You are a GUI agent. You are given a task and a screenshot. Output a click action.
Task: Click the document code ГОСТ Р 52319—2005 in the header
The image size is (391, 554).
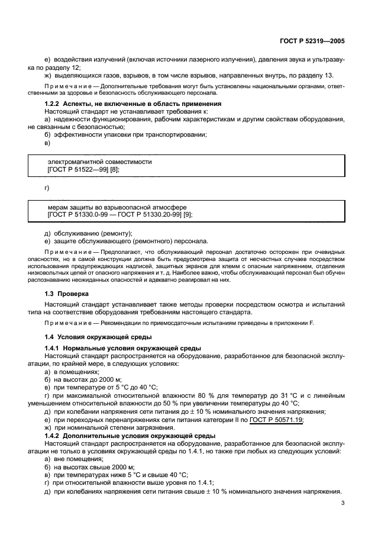click(x=312, y=41)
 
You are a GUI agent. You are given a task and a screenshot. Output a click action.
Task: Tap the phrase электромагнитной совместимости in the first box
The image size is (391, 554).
click(x=99, y=162)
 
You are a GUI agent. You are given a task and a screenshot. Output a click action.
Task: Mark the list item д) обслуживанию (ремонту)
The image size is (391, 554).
click(x=88, y=233)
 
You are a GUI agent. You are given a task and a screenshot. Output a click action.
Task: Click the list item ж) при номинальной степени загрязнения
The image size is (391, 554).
click(x=106, y=427)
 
